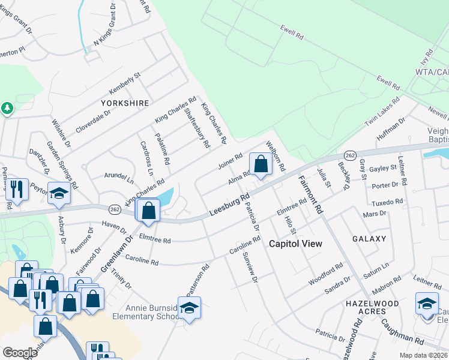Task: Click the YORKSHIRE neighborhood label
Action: click(x=125, y=103)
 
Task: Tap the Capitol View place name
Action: click(x=295, y=244)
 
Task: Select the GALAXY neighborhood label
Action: click(x=369, y=239)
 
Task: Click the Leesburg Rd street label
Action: click(x=229, y=205)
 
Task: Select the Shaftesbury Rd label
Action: click(x=197, y=127)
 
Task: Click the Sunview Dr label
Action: click(x=250, y=268)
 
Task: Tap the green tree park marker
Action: click(x=7, y=109)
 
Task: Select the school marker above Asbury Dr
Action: click(x=59, y=193)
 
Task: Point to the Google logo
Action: click(x=20, y=353)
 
